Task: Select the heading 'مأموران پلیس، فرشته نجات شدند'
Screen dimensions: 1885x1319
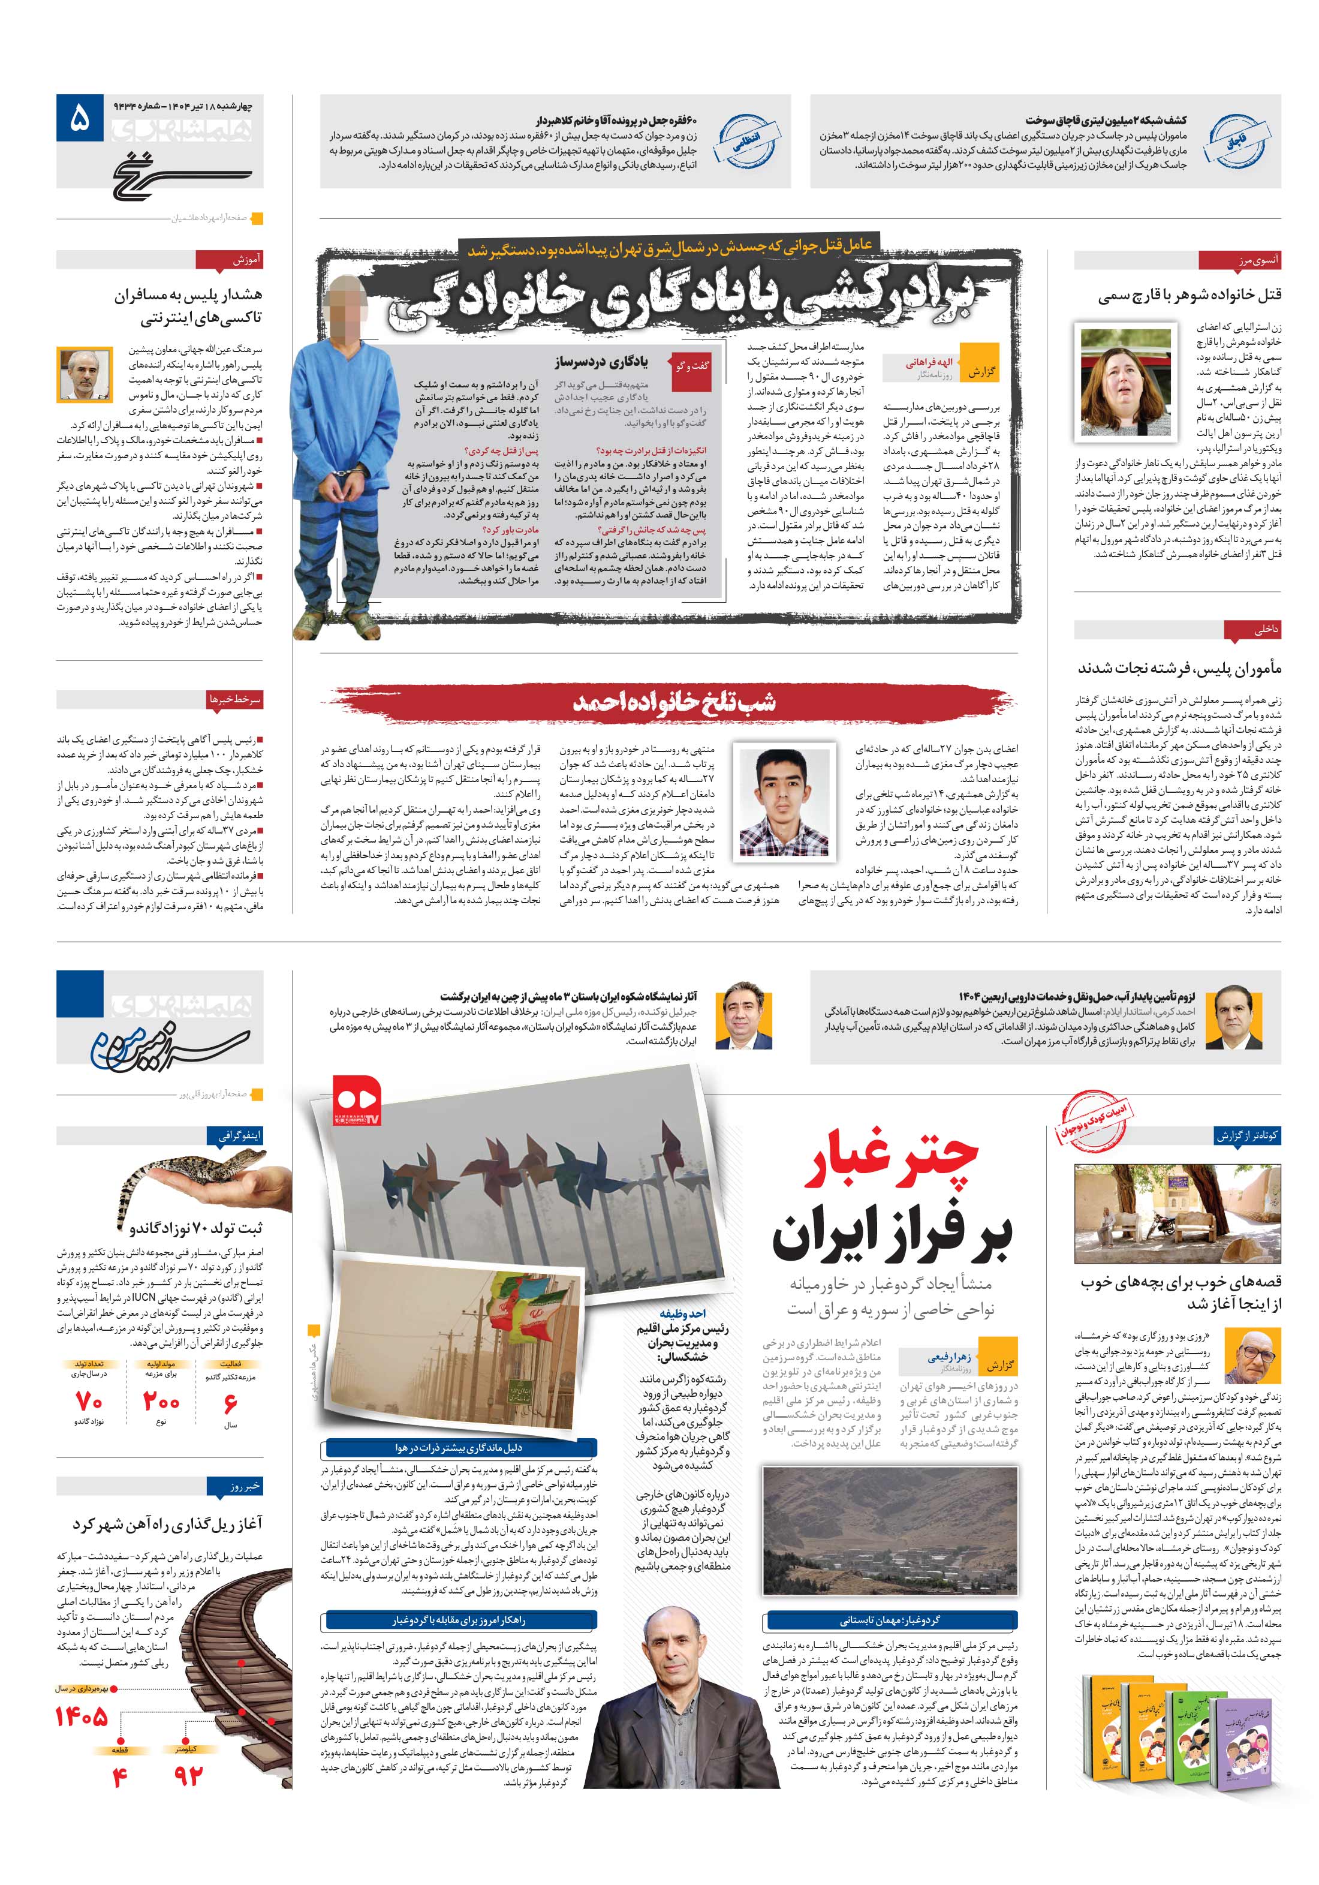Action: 1179,668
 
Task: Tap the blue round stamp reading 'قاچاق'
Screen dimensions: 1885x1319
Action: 1234,141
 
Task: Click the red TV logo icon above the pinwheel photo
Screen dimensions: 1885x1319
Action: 358,1099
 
